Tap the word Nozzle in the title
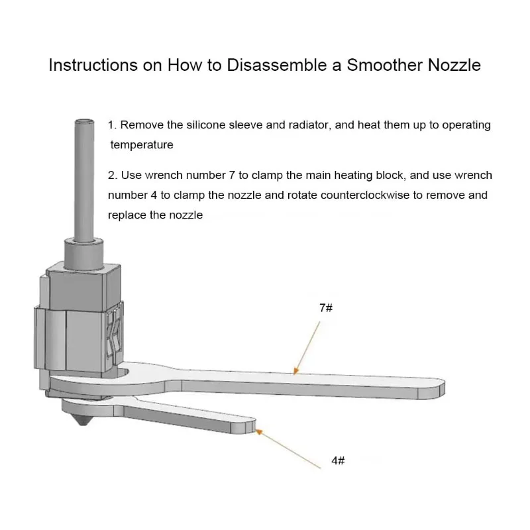pyautogui.click(x=454, y=65)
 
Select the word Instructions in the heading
pyautogui.click(x=93, y=65)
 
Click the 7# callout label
pyautogui.click(x=326, y=308)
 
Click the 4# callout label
pyautogui.click(x=338, y=460)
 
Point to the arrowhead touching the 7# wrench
pyautogui.click(x=295, y=371)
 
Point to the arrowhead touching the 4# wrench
pyautogui.click(x=258, y=432)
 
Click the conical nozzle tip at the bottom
pyautogui.click(x=82, y=419)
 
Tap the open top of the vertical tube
pyautogui.click(x=84, y=121)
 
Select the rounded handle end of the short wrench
pyautogui.click(x=245, y=425)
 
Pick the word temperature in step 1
pyautogui.click(x=142, y=144)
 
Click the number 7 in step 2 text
pyautogui.click(x=231, y=175)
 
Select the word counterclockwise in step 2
pyautogui.click(x=365, y=195)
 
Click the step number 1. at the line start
pyautogui.click(x=112, y=125)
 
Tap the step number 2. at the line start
pyautogui.click(x=113, y=175)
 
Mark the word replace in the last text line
pyautogui.click(x=127, y=215)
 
